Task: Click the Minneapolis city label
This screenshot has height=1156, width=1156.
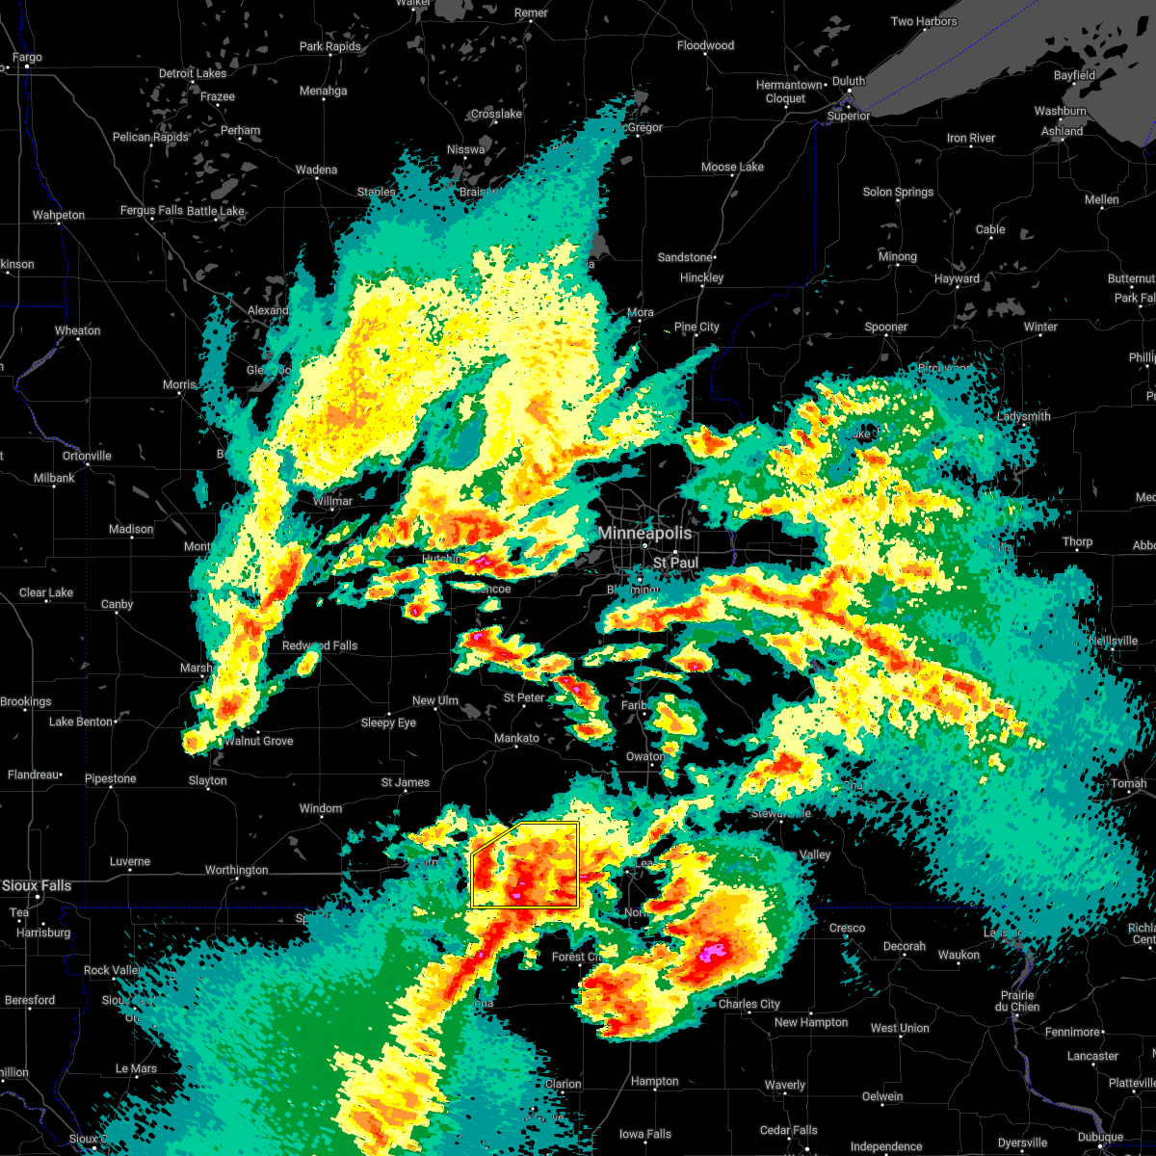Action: click(x=644, y=533)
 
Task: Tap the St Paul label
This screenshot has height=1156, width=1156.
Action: click(x=675, y=562)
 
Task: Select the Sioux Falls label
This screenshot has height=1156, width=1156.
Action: click(x=37, y=885)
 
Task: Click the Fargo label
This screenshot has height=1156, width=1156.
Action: click(x=27, y=57)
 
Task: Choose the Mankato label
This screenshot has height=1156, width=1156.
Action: click(x=516, y=738)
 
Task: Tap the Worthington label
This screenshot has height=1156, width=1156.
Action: click(x=237, y=870)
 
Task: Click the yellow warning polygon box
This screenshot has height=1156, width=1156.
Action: click(x=525, y=865)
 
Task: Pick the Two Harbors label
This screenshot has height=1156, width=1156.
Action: click(x=924, y=21)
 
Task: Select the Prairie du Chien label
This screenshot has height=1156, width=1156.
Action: click(x=1018, y=1001)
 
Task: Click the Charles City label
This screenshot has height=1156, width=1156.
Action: click(x=749, y=1004)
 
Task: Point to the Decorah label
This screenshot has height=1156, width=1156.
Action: click(x=905, y=946)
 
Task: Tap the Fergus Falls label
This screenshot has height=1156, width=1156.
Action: click(x=151, y=210)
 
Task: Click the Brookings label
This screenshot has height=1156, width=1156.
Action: click(x=26, y=701)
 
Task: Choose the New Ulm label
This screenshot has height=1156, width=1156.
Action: click(x=435, y=700)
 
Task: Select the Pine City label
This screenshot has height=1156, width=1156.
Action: click(x=696, y=327)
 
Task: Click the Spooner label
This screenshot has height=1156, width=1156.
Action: click(x=886, y=327)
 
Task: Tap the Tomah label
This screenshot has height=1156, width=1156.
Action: click(x=1128, y=783)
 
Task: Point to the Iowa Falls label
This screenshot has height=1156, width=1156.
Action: click(x=645, y=1134)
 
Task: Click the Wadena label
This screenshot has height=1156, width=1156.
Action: click(x=316, y=170)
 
